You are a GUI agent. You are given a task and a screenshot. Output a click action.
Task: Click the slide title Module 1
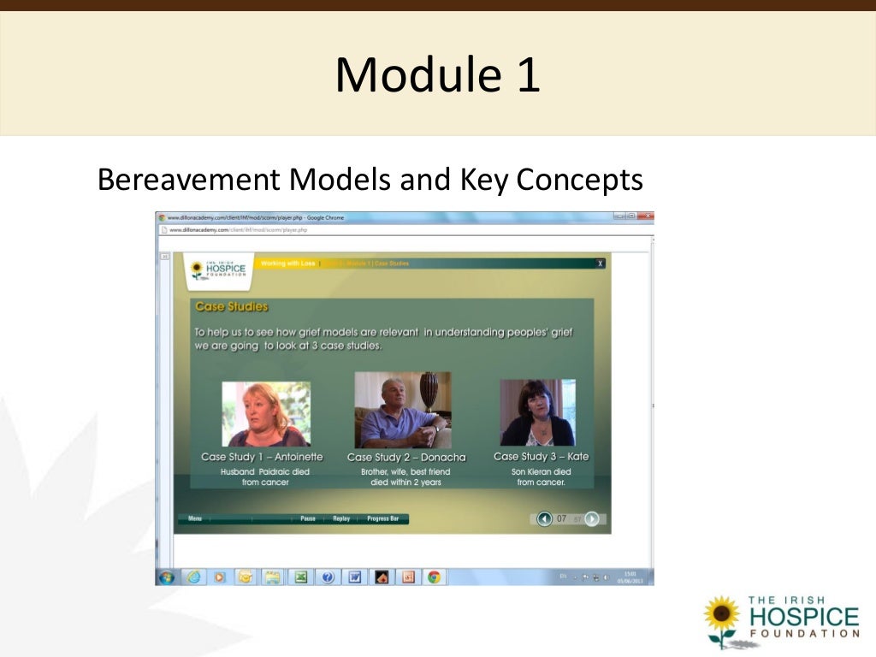click(437, 74)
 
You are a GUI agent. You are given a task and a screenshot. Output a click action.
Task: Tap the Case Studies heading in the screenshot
click(231, 306)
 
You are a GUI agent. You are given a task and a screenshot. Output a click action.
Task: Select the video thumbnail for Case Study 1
click(266, 414)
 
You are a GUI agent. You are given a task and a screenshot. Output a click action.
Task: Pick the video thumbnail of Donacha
click(402, 410)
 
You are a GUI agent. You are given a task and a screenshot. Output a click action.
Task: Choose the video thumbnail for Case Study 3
click(537, 412)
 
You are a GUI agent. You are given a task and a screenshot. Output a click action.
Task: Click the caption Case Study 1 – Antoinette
click(262, 457)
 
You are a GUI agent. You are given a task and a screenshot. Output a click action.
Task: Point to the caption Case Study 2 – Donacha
click(406, 458)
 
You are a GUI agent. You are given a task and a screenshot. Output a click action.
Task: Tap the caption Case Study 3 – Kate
click(541, 457)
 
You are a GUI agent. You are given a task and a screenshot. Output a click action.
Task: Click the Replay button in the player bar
click(341, 518)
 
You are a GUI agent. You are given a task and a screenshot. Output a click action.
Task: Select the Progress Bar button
click(383, 518)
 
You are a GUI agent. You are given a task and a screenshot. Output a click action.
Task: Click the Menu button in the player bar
click(195, 518)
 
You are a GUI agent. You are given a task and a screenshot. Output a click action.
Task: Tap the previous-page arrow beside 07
click(544, 518)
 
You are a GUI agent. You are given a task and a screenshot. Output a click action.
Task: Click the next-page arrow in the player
click(591, 518)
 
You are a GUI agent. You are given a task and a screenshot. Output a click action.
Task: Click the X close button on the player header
click(601, 263)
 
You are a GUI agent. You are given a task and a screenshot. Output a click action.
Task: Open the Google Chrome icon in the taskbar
click(434, 577)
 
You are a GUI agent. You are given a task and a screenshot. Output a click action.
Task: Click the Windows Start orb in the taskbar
click(167, 577)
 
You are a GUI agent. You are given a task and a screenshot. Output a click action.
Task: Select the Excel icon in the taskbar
click(300, 577)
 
